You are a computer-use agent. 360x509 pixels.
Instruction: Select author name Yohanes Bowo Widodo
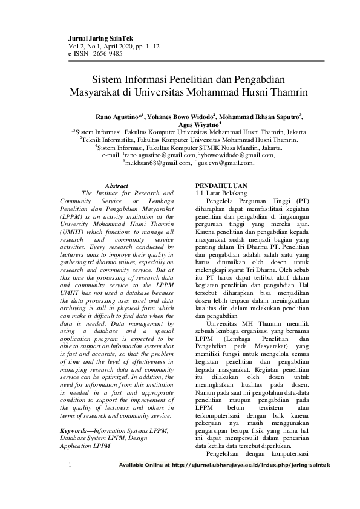[181, 116]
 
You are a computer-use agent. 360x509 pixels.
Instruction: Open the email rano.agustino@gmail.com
[157, 155]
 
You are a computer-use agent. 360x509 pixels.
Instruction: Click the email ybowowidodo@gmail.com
[238, 155]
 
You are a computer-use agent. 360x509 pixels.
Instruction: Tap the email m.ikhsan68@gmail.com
[157, 163]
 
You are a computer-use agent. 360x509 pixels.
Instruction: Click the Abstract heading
[117, 186]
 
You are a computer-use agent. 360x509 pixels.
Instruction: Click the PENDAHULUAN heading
[222, 186]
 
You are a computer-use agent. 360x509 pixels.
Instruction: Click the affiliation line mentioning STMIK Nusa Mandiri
[189, 147]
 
